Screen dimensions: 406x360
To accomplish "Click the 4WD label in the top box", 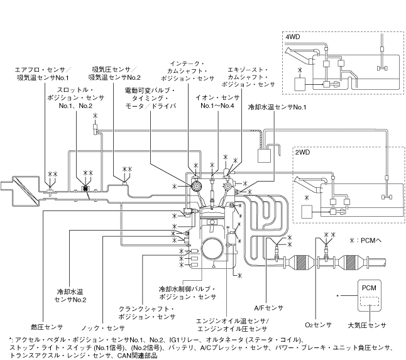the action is (293, 36).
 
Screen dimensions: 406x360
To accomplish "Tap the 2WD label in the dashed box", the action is (302, 152).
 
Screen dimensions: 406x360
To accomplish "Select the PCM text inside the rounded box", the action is (369, 288).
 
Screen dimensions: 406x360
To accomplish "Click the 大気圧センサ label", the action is (367, 325).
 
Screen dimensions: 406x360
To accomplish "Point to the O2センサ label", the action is (318, 325).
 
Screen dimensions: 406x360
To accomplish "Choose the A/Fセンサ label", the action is (269, 308).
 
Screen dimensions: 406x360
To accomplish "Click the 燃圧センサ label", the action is (47, 327).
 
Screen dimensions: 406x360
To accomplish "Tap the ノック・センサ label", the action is (103, 328).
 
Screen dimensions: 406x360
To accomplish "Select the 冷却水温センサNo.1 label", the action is (277, 107).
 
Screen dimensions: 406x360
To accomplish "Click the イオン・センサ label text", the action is (217, 98).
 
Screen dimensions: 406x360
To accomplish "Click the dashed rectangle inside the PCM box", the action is (369, 301).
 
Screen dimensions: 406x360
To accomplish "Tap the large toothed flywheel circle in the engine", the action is (212, 248).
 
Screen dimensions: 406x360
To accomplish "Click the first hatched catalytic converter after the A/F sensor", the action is (301, 263).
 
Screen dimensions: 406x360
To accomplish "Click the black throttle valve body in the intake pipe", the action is (85, 188).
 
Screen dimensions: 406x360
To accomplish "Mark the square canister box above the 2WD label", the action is (264, 156).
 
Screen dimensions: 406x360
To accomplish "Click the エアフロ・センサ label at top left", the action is (43, 70).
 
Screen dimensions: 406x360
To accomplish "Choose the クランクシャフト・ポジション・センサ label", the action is (146, 313).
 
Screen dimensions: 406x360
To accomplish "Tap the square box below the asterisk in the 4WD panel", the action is (300, 84).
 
